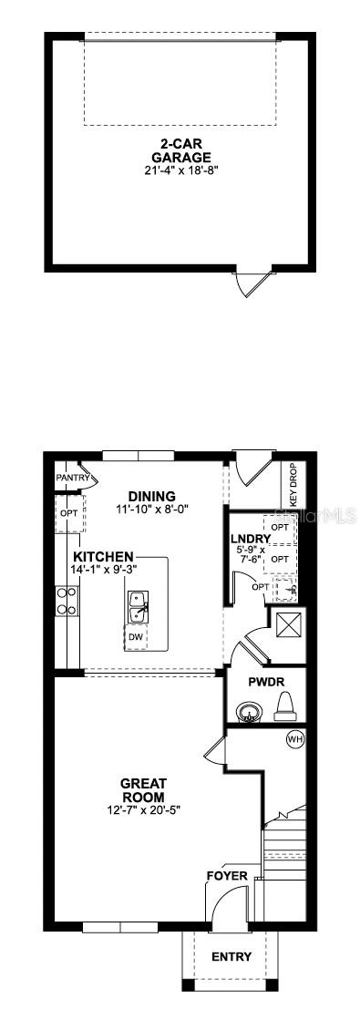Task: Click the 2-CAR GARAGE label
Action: point(181,150)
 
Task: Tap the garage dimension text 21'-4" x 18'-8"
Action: point(181,170)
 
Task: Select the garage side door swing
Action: point(250,283)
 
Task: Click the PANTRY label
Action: point(72,477)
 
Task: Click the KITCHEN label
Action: point(104,556)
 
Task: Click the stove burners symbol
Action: point(66,601)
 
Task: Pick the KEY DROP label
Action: point(293,486)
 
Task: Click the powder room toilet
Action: point(284,706)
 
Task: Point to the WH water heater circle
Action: point(294,739)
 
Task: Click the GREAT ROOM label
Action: point(143,789)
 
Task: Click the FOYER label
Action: point(227,876)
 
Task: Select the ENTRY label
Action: point(231,957)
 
